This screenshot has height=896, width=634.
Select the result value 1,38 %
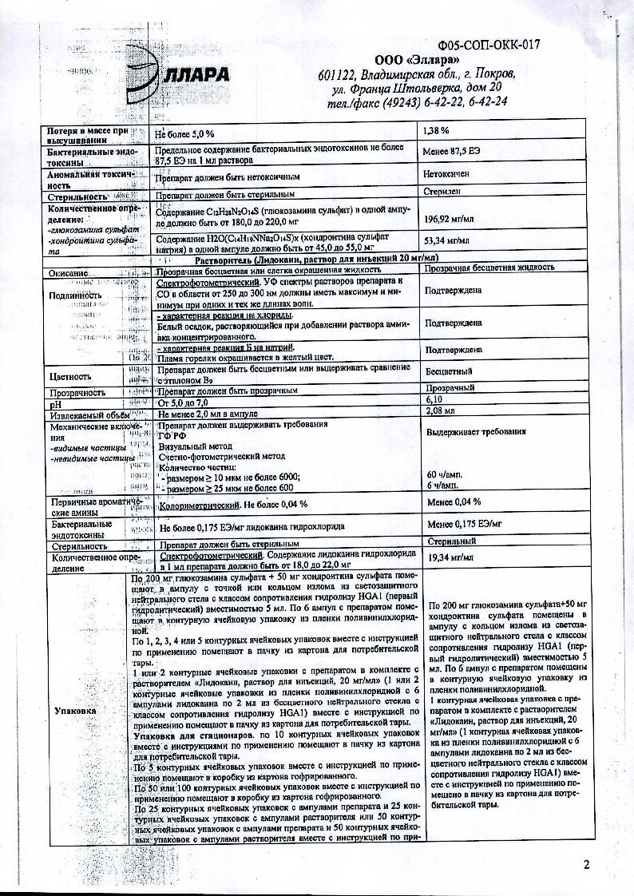point(436,129)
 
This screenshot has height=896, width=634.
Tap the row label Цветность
point(70,375)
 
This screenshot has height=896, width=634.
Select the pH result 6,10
point(436,398)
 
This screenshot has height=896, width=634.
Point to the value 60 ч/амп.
point(448,474)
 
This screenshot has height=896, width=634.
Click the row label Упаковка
point(76,709)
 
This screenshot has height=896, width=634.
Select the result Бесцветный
point(449,371)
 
